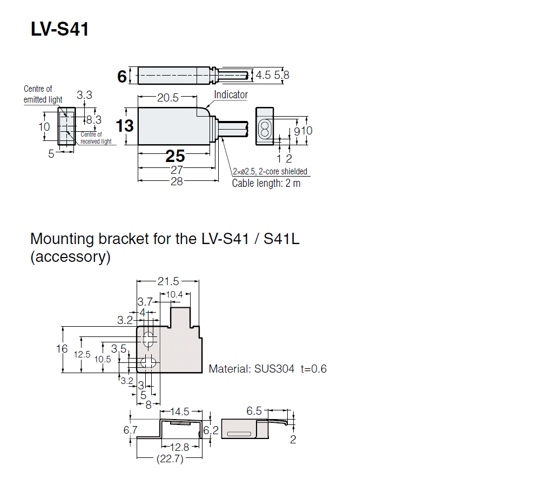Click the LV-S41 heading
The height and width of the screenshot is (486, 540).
(x=59, y=29)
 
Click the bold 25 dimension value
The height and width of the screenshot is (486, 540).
(x=175, y=156)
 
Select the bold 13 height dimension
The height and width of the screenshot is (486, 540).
(x=125, y=126)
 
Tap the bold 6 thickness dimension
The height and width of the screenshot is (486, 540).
(x=122, y=77)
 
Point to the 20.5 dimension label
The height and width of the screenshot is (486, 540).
(x=167, y=98)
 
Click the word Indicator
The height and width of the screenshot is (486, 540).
(x=231, y=95)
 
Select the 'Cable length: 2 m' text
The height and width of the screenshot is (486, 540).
(x=266, y=183)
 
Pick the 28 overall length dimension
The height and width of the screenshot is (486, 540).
(x=176, y=181)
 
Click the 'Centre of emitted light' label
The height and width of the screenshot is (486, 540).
(x=43, y=94)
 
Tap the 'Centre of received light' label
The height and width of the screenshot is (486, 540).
(x=96, y=138)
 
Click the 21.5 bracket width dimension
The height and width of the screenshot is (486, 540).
(x=168, y=281)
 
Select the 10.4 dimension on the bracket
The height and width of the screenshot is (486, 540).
(x=175, y=294)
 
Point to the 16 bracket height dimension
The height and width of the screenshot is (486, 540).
(x=62, y=349)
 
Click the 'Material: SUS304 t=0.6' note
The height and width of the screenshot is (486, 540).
(x=267, y=369)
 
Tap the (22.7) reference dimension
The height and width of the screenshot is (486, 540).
(x=169, y=459)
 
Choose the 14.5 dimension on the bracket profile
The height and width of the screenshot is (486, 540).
(x=179, y=411)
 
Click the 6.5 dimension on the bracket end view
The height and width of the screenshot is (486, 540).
(x=254, y=411)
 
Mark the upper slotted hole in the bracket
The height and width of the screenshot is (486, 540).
(x=148, y=340)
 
